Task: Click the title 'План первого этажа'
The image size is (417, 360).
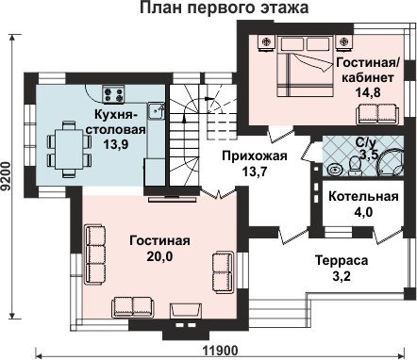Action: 224,8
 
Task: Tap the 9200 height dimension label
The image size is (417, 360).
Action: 6,176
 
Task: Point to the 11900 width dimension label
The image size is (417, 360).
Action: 220,350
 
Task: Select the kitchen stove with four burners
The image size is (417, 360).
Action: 114,93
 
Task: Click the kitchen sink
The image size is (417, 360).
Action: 156,111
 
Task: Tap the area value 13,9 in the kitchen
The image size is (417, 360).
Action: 116,144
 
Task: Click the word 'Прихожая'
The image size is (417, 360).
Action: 255,156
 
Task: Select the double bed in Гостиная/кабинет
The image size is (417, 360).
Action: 305,65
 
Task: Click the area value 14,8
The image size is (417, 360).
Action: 368,92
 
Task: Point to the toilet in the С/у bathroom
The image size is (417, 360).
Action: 355,167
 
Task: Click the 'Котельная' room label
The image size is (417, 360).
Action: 363,196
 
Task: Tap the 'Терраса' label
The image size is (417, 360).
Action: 342,261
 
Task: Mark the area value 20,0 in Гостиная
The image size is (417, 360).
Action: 159,256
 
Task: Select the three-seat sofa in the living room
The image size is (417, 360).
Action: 95,254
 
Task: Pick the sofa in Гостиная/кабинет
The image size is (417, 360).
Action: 377,114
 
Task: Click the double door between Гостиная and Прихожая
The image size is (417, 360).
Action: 219,193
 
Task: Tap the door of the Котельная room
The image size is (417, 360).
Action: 388,236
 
